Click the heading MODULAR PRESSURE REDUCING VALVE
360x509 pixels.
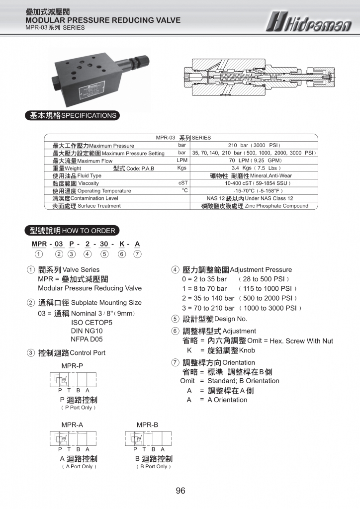coord(103,20)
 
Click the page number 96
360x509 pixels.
coord(180,491)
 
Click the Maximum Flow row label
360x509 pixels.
coord(83,161)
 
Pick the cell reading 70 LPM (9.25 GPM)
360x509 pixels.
coord(256,161)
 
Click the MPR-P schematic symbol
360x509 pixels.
coord(73,381)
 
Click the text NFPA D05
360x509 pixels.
coord(87,339)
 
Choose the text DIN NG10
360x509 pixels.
coord(87,331)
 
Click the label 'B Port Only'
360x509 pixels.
coord(154,467)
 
